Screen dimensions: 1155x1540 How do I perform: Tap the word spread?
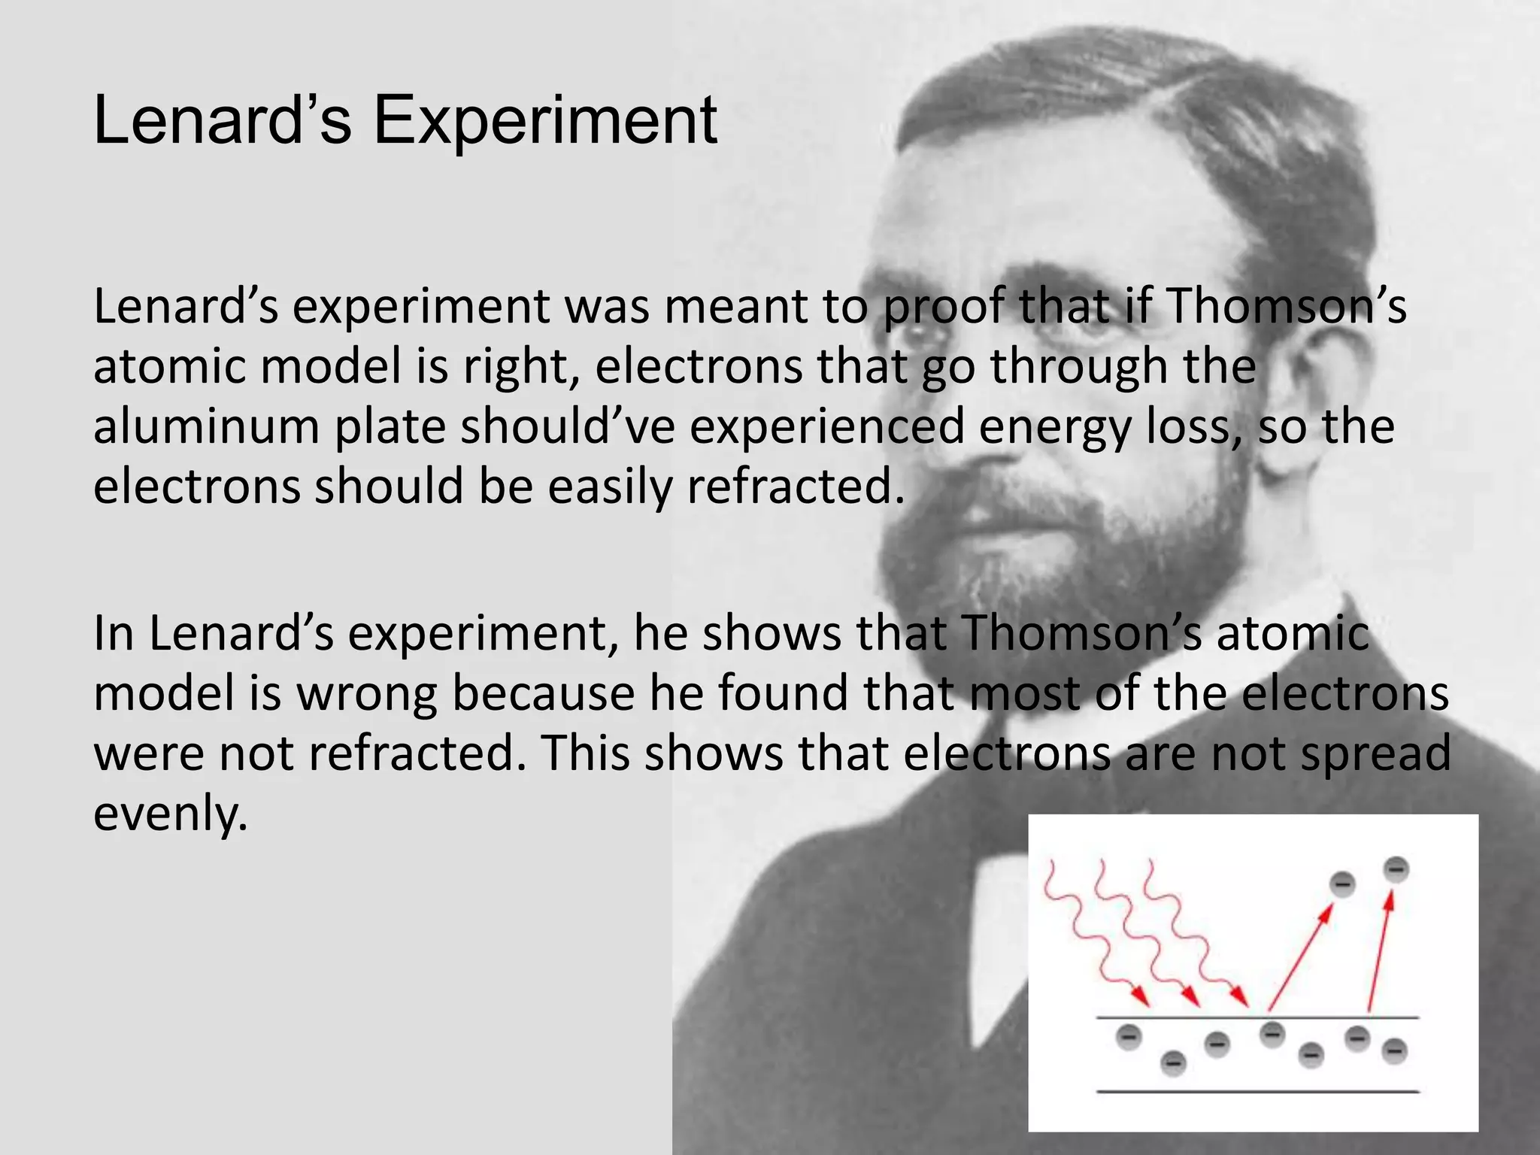[1375, 753]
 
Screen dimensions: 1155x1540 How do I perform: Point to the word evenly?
[170, 813]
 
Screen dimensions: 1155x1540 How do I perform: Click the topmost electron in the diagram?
[1396, 870]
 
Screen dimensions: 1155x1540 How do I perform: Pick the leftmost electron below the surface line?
[1128, 1037]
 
